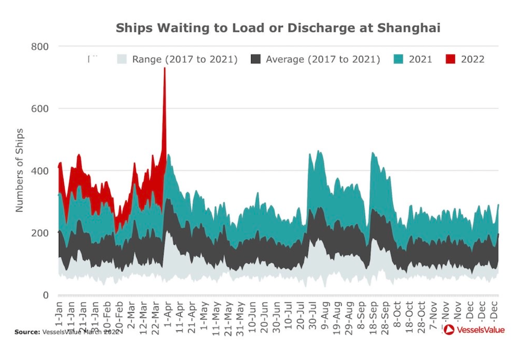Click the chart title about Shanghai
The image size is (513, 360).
(x=278, y=28)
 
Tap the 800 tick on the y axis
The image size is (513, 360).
(x=39, y=47)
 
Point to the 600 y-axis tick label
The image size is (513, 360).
(x=39, y=109)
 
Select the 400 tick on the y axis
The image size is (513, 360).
(x=39, y=171)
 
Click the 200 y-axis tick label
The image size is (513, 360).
(x=39, y=233)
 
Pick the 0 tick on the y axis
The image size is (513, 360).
(x=45, y=295)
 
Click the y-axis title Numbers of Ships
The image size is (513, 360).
(x=20, y=170)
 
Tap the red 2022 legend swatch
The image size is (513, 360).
(x=450, y=59)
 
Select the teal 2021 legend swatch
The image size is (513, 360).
(x=399, y=59)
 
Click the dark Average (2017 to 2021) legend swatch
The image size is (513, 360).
(x=255, y=59)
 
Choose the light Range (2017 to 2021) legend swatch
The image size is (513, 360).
(x=122, y=59)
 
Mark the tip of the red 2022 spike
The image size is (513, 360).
(x=164, y=68)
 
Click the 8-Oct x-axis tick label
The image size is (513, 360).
(x=397, y=314)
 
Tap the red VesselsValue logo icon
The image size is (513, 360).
(x=448, y=330)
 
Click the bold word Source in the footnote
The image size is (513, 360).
(x=26, y=332)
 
